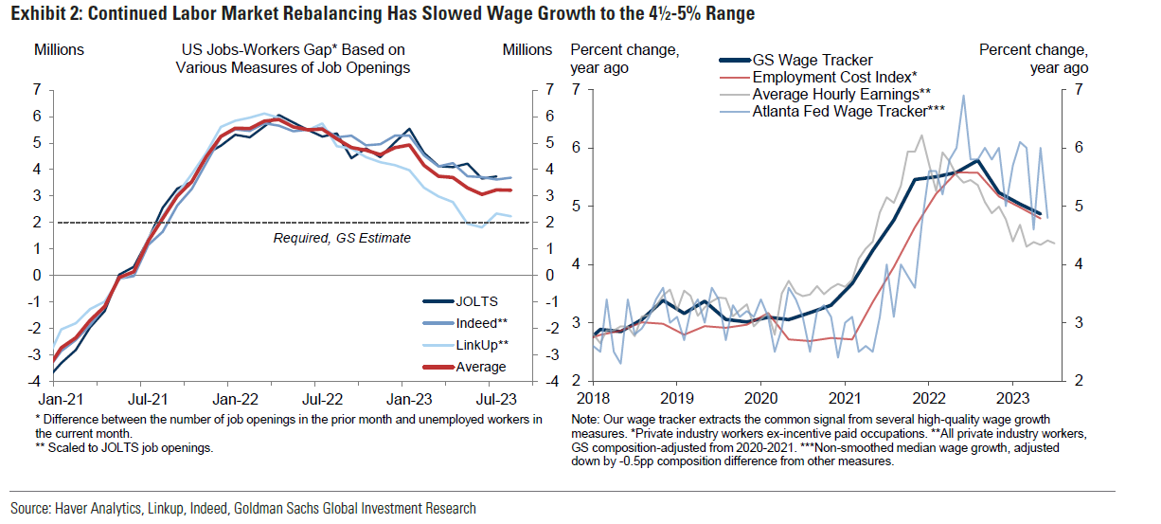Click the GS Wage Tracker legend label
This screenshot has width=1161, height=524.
[x=812, y=60]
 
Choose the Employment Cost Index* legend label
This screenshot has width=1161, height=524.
[x=834, y=77]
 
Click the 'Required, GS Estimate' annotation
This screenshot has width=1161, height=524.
[x=342, y=238]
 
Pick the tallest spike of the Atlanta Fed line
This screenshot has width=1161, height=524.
[x=963, y=95]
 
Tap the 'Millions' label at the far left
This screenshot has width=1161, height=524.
[x=59, y=49]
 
